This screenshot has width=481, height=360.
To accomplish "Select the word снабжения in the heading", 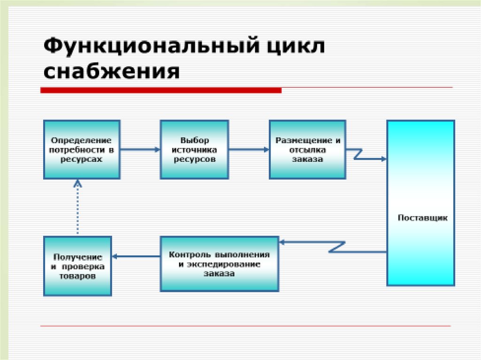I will [x=111, y=72].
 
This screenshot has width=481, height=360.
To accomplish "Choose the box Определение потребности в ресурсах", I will [x=82, y=149].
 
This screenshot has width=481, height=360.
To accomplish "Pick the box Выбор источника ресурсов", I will [x=194, y=149].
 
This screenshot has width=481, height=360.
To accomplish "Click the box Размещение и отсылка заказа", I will [x=307, y=149].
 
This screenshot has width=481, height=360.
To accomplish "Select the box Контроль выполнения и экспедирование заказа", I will [x=219, y=264].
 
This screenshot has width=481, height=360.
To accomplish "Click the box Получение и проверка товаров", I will [x=78, y=266].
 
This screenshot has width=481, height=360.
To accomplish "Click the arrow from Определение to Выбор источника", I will [x=140, y=149].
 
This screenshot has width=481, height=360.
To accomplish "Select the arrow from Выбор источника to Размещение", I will [x=249, y=149].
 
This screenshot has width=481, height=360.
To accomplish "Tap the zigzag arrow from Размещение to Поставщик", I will [x=366, y=155].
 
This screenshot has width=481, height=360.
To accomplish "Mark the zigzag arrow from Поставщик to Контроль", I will [x=333, y=246].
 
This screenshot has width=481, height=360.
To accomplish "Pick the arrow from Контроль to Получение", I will [x=136, y=256].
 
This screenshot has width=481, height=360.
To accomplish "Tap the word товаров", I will [x=78, y=276].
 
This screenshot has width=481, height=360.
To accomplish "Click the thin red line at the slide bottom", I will [x=244, y=326].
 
